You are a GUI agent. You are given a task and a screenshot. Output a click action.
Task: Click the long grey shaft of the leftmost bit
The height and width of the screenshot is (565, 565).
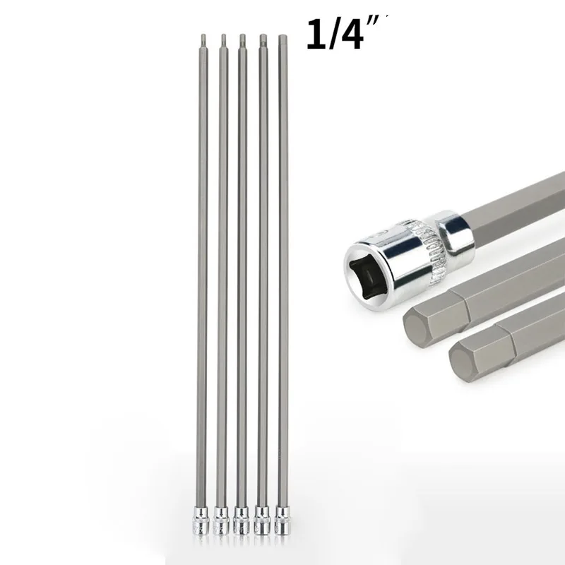[204, 282]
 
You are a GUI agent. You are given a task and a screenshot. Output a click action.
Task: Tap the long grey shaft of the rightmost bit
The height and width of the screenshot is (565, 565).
[282, 282]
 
